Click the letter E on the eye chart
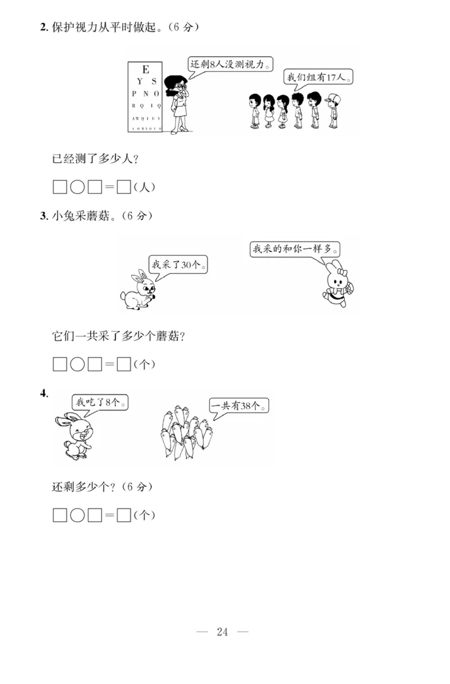coord(146,69)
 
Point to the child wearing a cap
coord(333,109)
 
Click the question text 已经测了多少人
coord(95,158)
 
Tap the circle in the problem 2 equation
coord(77,187)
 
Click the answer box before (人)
coord(124,187)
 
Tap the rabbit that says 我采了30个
coord(138,290)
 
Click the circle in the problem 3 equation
coord(77,364)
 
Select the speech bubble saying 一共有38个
coord(239,405)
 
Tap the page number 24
coord(222,632)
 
